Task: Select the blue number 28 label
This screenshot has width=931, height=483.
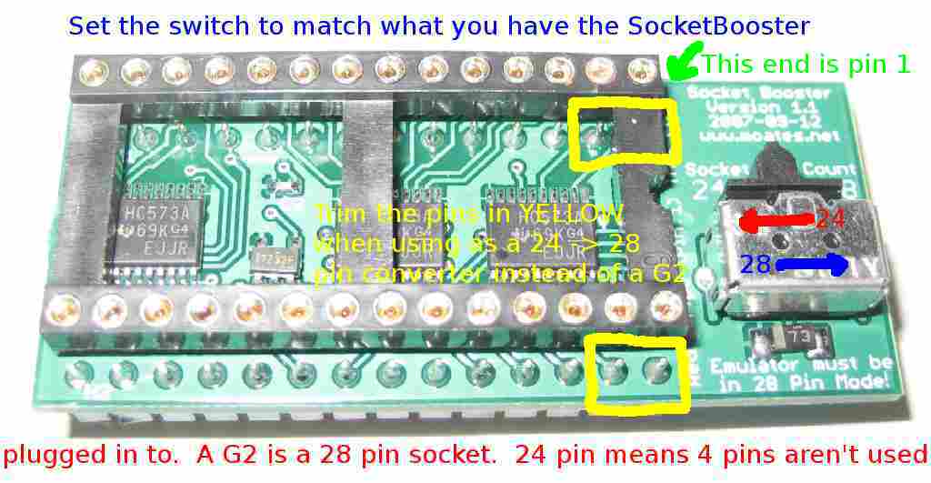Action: [x=756, y=265]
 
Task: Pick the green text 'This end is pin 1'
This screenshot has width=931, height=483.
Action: [x=806, y=65]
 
